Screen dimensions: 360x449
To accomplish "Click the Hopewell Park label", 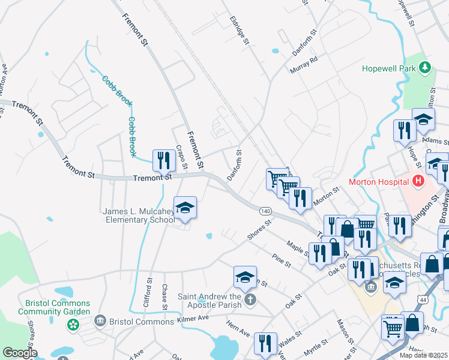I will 389,68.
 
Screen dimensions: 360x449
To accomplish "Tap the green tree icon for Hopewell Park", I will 425,67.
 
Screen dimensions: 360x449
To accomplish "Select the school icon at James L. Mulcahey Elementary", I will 185,208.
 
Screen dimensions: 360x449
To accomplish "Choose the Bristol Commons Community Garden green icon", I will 73,325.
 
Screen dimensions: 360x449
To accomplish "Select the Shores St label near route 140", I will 260,230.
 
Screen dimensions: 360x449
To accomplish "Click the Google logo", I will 20,353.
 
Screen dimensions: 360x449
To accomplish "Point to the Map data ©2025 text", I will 423,355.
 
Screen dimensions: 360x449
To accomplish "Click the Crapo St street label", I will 181,157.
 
